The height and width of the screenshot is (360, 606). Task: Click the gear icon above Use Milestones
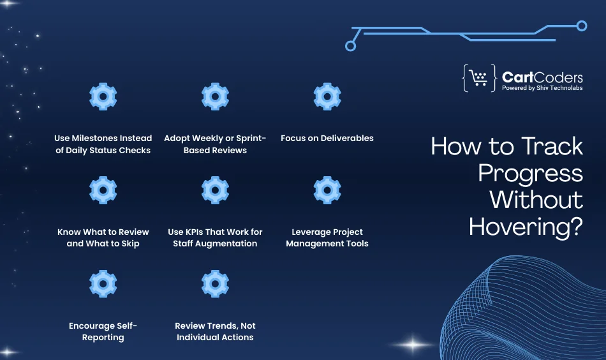pos(103,96)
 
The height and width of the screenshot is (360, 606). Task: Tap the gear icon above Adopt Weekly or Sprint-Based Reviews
pos(215,96)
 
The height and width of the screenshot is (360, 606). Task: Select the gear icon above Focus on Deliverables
pos(327,96)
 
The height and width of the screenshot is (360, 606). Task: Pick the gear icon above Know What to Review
pos(103,190)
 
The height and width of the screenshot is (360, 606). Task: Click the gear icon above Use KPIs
pos(215,190)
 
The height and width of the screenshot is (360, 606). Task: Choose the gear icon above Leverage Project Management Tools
pos(327,190)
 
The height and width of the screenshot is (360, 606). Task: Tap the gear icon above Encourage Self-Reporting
pos(103,284)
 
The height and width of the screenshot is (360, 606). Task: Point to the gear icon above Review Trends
pos(215,284)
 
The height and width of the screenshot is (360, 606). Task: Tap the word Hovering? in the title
pos(526,225)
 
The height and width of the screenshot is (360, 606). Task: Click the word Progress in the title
pos(530,172)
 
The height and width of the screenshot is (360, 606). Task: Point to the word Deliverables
pos(346,138)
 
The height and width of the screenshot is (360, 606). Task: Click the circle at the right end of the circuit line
pos(581,26)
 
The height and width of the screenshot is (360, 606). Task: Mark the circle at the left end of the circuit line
pos(350,46)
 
